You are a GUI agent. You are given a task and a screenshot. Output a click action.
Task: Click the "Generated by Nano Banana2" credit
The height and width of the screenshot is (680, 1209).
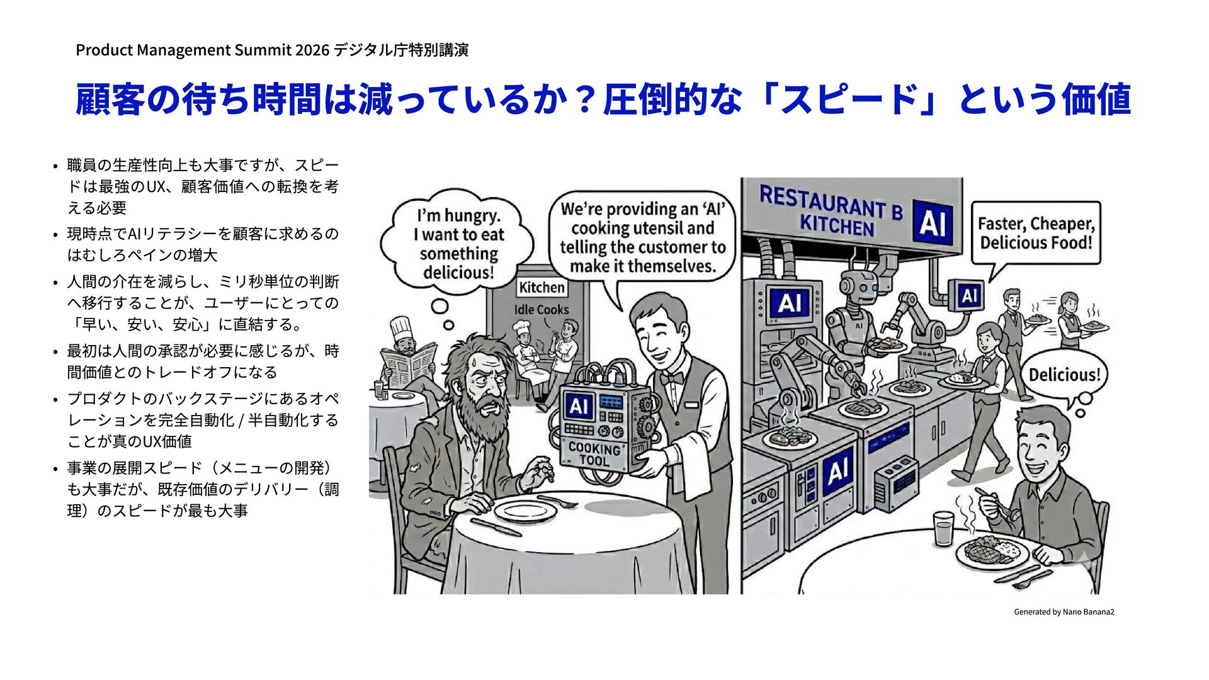pos(1064,611)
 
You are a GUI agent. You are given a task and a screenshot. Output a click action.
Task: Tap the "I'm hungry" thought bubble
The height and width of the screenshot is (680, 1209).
pos(458,242)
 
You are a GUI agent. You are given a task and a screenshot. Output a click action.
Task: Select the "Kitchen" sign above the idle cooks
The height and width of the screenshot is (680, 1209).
pos(542,288)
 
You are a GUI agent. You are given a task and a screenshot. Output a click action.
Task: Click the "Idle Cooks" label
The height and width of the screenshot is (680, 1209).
pos(541,310)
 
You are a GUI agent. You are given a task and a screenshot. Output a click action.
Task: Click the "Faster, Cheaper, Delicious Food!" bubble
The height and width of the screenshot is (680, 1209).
pos(1036,233)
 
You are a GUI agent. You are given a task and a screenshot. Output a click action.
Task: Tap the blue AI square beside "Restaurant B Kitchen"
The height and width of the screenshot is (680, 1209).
pos(932,222)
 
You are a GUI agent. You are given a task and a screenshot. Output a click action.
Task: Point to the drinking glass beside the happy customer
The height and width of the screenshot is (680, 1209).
pos(943,528)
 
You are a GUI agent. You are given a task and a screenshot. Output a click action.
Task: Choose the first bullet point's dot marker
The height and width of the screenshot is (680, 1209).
pos(55,166)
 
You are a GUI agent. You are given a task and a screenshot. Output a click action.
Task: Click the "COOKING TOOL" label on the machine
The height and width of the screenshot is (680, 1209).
pos(594,454)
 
